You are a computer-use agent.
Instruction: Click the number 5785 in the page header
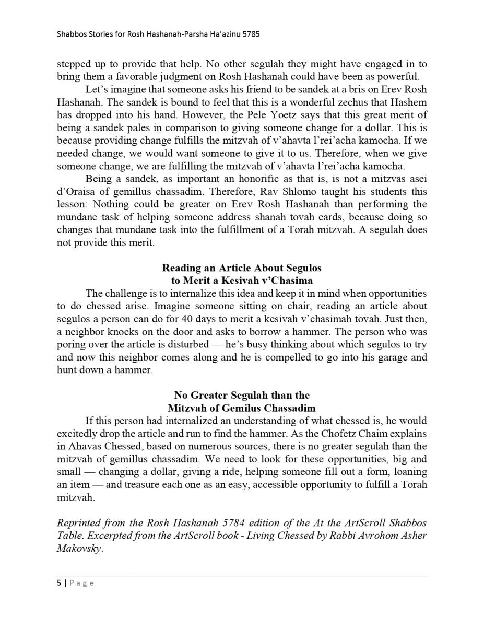tap(251, 34)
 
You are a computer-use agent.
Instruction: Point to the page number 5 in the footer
tap(58, 583)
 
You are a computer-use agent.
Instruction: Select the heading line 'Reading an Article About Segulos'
tap(242, 268)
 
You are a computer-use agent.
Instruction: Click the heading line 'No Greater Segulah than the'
tap(242, 395)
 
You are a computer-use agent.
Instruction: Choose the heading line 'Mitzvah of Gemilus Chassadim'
tap(242, 408)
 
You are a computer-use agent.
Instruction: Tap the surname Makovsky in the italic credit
tap(79, 549)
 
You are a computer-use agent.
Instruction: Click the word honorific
tap(196, 179)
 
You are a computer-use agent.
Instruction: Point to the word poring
tap(70, 345)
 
